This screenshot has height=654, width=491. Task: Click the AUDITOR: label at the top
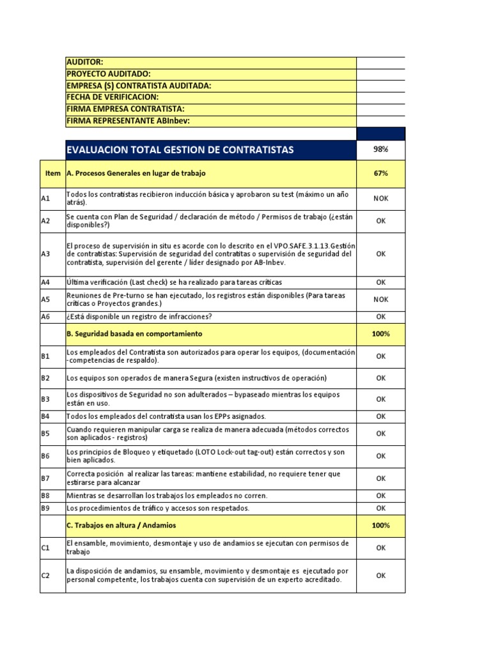pyautogui.click(x=84, y=63)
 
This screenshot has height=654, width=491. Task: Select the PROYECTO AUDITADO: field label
pyautogui.click(x=109, y=74)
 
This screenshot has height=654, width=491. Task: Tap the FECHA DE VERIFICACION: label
pyautogui.click(x=113, y=97)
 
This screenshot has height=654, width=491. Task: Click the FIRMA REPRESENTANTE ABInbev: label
pyautogui.click(x=128, y=121)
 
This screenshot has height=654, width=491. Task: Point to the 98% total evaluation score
pyautogui.click(x=380, y=149)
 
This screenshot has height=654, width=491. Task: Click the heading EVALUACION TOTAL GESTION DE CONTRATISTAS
pyautogui.click(x=180, y=150)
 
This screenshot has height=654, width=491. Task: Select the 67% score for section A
pyautogui.click(x=380, y=174)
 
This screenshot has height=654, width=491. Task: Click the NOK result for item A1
pyautogui.click(x=380, y=198)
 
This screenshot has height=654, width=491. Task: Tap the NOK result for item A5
pyautogui.click(x=380, y=298)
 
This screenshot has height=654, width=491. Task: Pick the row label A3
pyautogui.click(x=45, y=254)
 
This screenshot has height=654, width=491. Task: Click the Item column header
pyautogui.click(x=53, y=174)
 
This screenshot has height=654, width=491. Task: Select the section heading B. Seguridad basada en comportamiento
pyautogui.click(x=134, y=333)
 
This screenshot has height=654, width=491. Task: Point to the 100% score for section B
pyautogui.click(x=380, y=333)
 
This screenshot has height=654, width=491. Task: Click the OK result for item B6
pyautogui.click(x=380, y=456)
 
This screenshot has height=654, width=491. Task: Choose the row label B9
pyautogui.click(x=45, y=508)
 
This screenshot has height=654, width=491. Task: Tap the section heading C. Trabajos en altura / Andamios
pyautogui.click(x=121, y=525)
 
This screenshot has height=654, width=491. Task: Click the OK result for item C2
pyautogui.click(x=380, y=575)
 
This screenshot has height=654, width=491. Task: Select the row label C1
pyautogui.click(x=45, y=547)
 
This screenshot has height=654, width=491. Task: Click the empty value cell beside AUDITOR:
pyautogui.click(x=380, y=63)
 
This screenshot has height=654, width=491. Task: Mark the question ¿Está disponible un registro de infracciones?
pyautogui.click(x=139, y=316)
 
